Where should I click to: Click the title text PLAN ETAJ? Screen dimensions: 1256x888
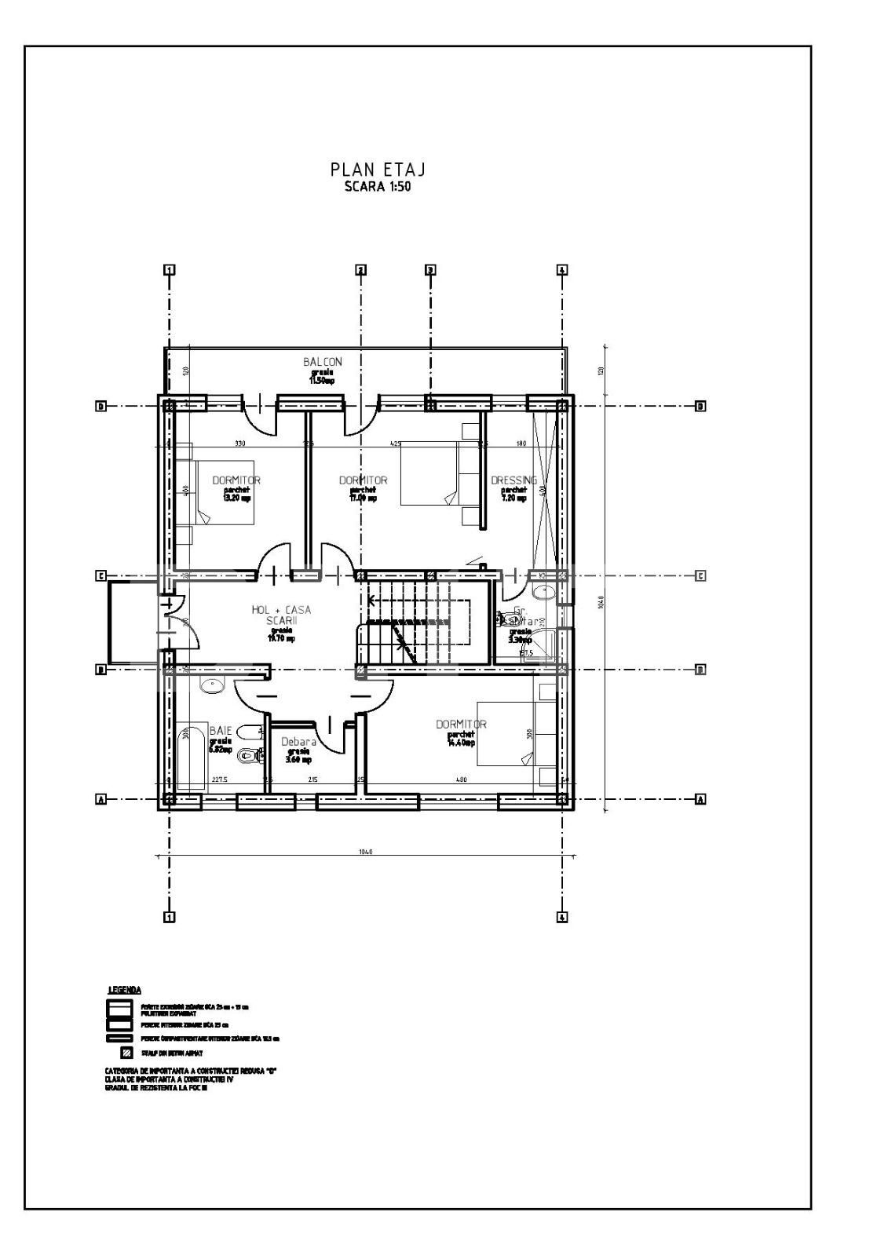(378, 170)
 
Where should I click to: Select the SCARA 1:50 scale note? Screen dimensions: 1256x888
(378, 187)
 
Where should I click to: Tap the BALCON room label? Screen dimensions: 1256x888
(323, 362)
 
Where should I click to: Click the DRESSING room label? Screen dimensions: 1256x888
(513, 480)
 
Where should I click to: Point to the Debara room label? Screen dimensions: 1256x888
(298, 742)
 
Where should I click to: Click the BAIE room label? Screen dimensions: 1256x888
(220, 731)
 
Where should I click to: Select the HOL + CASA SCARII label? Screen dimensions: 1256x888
(281, 615)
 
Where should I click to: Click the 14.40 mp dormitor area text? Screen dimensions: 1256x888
(461, 742)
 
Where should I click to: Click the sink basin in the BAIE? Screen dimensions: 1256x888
(212, 685)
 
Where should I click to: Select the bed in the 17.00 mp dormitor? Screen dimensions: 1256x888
(429, 473)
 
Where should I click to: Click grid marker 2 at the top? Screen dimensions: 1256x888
(360, 270)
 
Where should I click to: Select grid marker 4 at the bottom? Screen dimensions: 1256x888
(562, 917)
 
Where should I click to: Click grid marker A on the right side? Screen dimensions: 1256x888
(700, 799)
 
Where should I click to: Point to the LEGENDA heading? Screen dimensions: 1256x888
(124, 990)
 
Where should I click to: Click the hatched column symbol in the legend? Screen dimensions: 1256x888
(125, 1053)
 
